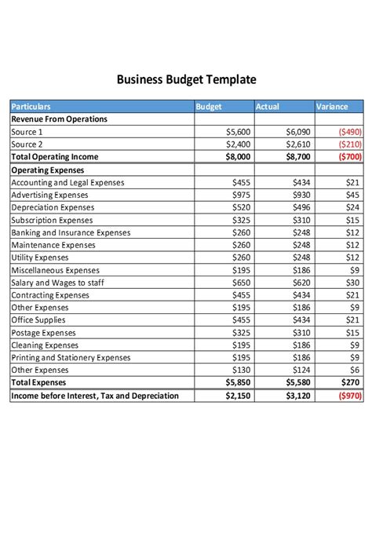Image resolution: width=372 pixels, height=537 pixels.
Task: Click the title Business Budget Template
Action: coord(186,79)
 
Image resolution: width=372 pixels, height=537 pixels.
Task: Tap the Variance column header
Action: coord(331,107)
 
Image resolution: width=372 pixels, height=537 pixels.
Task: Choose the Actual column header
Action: coord(268,107)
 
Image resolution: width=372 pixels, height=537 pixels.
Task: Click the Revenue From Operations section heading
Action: coord(59,119)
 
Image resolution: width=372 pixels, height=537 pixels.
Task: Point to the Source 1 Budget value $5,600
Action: coord(238,133)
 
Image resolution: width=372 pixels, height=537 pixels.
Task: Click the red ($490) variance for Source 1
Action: coord(349,133)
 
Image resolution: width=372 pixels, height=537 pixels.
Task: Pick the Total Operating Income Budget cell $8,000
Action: coord(238,157)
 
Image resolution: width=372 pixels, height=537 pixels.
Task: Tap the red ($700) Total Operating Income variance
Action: coord(349,157)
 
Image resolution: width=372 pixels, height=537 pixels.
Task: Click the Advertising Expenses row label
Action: coord(49,195)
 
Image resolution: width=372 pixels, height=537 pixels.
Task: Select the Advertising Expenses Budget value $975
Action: coord(241,195)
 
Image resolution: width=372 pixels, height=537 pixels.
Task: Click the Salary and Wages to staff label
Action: coord(57,283)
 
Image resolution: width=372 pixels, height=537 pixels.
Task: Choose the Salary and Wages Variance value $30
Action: coord(353,283)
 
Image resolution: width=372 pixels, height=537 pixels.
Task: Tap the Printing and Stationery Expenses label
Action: coord(71,357)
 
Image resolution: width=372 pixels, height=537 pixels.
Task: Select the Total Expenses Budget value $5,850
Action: coord(238,382)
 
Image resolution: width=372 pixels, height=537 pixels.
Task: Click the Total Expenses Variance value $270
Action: coord(350,382)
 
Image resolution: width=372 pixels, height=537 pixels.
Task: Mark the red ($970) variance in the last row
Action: coord(349,396)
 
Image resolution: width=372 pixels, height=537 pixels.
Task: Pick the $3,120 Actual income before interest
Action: coord(298,396)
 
